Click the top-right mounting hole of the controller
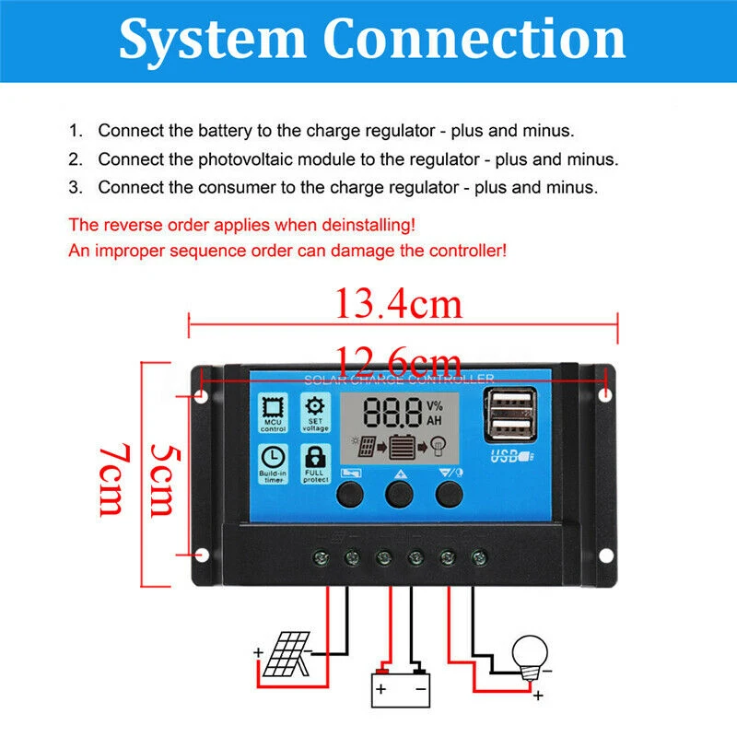605,395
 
